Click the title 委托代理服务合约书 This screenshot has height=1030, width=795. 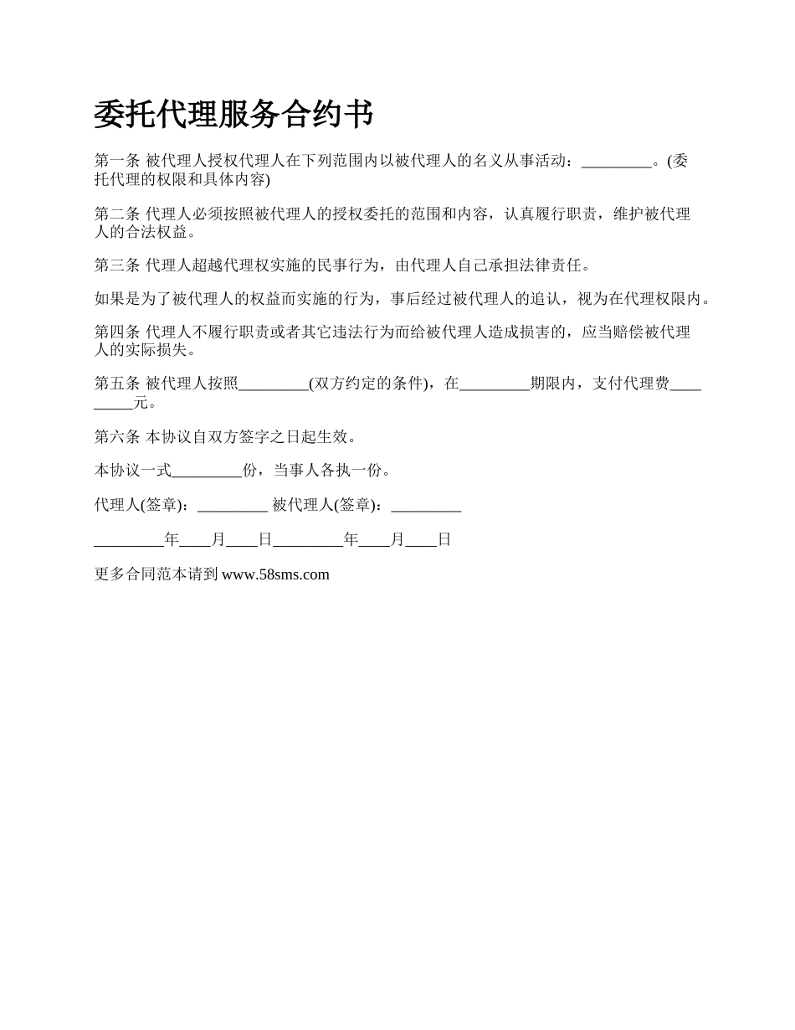(x=233, y=115)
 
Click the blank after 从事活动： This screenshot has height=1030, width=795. (x=616, y=163)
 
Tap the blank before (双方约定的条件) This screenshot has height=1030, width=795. (x=274, y=386)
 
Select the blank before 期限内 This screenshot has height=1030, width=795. (x=495, y=386)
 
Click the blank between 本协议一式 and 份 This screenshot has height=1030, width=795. (x=207, y=472)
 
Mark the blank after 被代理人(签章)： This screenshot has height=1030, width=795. (x=426, y=507)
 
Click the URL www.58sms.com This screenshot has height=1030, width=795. (x=275, y=574)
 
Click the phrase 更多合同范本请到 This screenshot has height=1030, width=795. (x=156, y=574)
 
